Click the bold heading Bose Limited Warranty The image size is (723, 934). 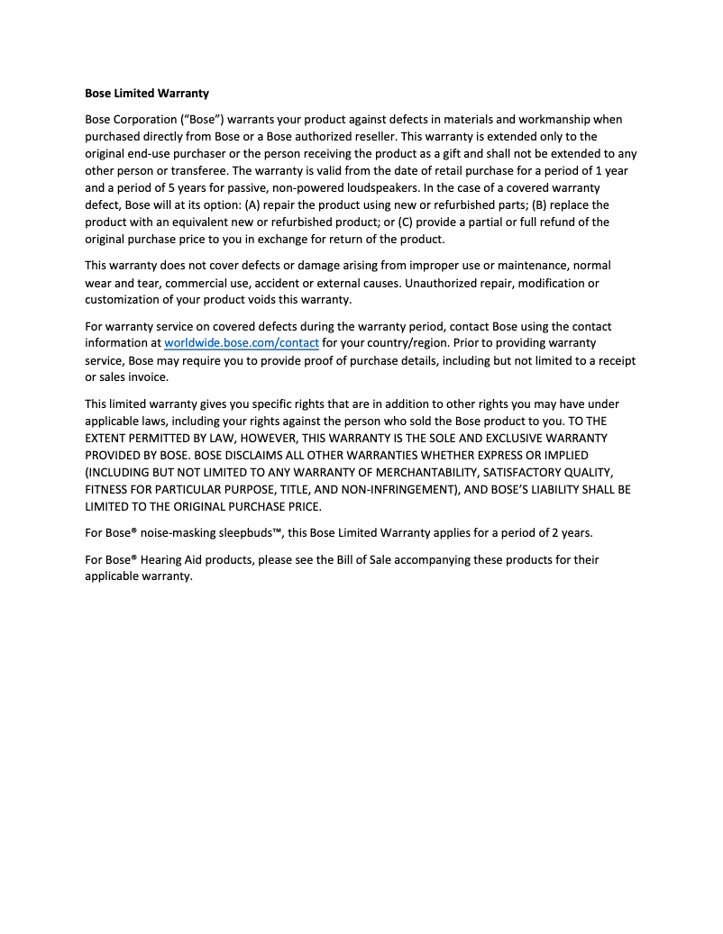click(x=147, y=93)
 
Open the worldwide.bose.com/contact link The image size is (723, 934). click(x=242, y=343)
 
